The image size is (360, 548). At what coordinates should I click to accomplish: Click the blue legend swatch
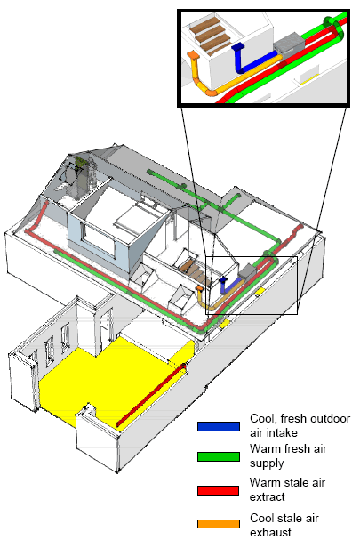pyautogui.click(x=219, y=426)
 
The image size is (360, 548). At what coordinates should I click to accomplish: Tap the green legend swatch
pyautogui.click(x=219, y=456)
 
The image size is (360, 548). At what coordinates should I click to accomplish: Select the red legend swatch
pyautogui.click(x=219, y=490)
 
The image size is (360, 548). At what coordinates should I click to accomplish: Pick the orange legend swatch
pyautogui.click(x=219, y=524)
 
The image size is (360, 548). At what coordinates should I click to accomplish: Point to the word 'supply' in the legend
pyautogui.click(x=267, y=463)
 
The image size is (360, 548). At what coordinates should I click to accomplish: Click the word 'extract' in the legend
pyautogui.click(x=268, y=496)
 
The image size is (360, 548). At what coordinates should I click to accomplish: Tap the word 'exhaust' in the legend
pyautogui.click(x=270, y=532)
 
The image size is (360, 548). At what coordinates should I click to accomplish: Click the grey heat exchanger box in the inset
pyautogui.click(x=289, y=44)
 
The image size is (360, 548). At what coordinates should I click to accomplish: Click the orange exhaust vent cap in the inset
pyautogui.click(x=193, y=55)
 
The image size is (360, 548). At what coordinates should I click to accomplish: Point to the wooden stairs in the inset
pyautogui.click(x=212, y=34)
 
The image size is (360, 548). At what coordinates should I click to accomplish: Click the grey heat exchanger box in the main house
pyautogui.click(x=248, y=272)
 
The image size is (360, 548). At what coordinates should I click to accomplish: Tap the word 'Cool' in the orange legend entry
pyautogui.click(x=263, y=518)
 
